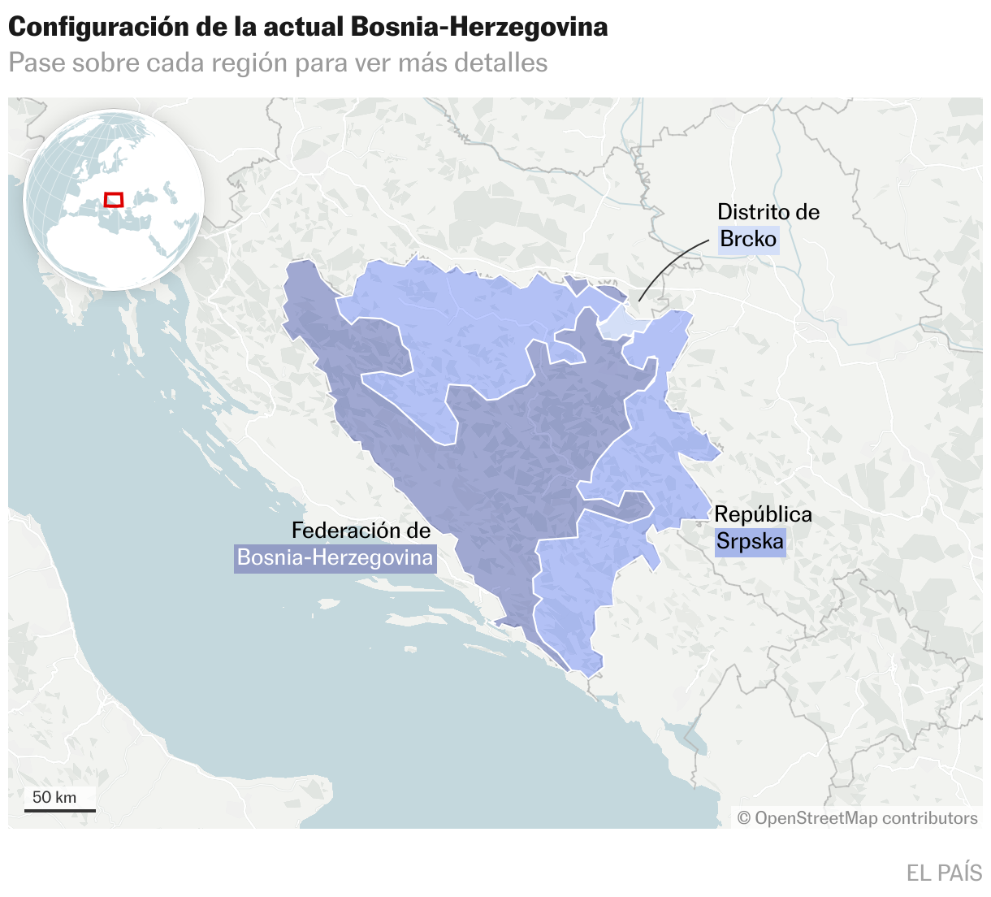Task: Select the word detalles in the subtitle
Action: coord(500,63)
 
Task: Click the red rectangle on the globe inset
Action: coord(114,199)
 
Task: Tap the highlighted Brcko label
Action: coord(748,239)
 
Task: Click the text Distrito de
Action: coord(768,212)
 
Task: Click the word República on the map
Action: coord(763,514)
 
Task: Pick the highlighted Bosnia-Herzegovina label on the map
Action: coord(335,558)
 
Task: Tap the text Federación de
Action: coord(361,531)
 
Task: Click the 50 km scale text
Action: coord(54,797)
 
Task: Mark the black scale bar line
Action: coord(59,810)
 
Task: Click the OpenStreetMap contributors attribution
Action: coord(857,818)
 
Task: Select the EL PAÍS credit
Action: coord(944,873)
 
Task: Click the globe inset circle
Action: coord(114,200)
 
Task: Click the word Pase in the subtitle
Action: coord(36,63)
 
